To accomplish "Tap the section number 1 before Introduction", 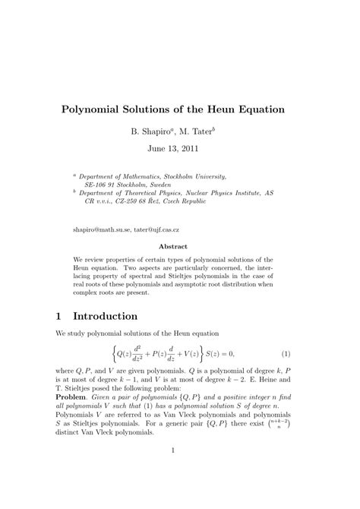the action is pos(58,315).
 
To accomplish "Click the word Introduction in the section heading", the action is pos(117,315).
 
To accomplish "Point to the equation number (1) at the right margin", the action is pos(286,354).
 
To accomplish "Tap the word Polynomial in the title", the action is pos(98,109).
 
